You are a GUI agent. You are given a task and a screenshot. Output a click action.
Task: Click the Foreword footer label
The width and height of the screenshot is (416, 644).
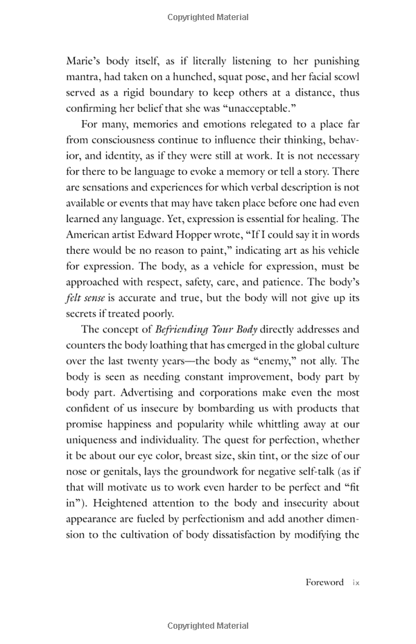pyautogui.click(x=324, y=582)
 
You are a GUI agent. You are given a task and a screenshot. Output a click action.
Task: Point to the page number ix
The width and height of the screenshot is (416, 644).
pyautogui.click(x=355, y=582)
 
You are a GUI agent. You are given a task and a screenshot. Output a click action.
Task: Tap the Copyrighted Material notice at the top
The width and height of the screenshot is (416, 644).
pyautogui.click(x=208, y=15)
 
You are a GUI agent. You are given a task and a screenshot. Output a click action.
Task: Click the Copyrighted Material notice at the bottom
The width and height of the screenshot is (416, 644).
pyautogui.click(x=208, y=626)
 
